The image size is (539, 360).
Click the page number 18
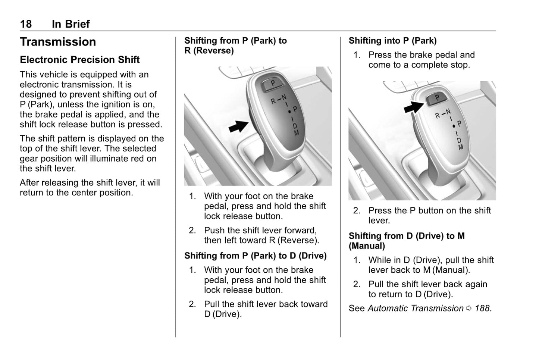(x=26, y=24)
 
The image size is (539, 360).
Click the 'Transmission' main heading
(x=58, y=42)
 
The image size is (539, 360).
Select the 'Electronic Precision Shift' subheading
(x=79, y=60)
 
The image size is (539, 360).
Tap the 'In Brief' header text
(x=70, y=24)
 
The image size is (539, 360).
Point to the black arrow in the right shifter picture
(x=414, y=107)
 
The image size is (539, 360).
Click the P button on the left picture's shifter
(x=273, y=84)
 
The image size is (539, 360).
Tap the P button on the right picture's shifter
(x=437, y=98)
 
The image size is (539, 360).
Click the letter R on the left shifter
(x=273, y=101)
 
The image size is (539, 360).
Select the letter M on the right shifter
(x=461, y=147)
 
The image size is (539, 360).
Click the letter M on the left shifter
(x=296, y=133)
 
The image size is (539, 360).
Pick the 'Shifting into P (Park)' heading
(x=392, y=41)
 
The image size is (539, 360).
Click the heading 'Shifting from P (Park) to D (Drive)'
(x=255, y=256)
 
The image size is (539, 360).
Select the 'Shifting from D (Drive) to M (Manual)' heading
(x=407, y=241)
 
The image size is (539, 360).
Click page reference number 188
(x=483, y=309)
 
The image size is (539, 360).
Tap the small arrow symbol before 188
(x=469, y=309)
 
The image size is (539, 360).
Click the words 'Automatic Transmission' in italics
(x=416, y=309)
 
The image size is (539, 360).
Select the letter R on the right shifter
(x=438, y=116)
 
